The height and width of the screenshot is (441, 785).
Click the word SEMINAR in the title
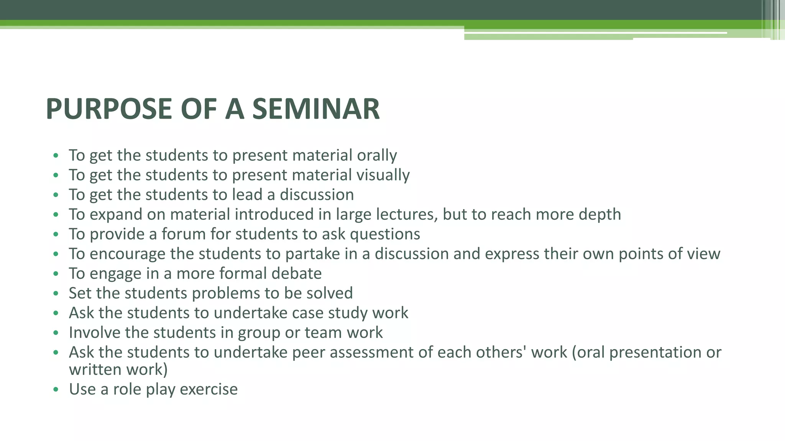[x=316, y=109]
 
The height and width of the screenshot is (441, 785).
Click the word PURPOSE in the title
[x=109, y=109]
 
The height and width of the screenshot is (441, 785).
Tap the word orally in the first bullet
[x=377, y=155]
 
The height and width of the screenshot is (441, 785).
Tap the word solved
[x=332, y=293]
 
